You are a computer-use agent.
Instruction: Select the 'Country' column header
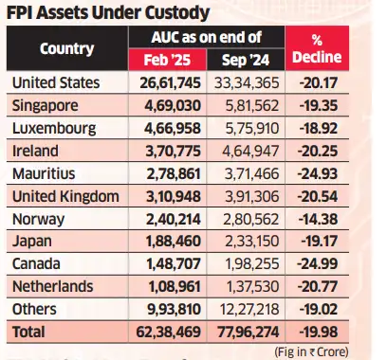tap(66, 50)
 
